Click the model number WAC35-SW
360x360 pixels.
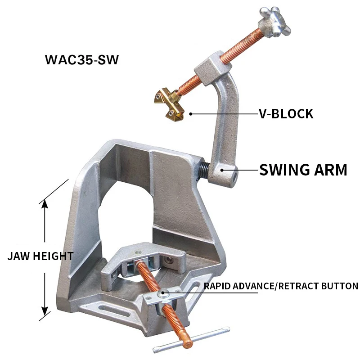pos(82,59)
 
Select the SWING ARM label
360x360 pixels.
pos(303,170)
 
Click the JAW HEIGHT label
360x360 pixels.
pos(40,256)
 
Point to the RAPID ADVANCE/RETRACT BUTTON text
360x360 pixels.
pos(281,286)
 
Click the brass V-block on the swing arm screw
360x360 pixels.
pos(169,103)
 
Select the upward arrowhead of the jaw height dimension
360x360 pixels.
pos(45,204)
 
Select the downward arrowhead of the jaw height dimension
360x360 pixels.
pos(45,310)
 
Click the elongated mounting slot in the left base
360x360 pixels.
pos(102,309)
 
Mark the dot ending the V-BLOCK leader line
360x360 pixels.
pos(190,114)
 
